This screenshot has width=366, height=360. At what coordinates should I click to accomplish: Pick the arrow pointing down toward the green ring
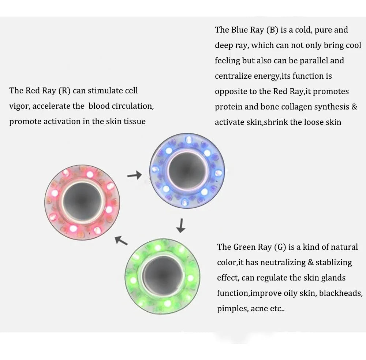180,226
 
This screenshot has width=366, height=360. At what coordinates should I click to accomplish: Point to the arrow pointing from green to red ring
121,240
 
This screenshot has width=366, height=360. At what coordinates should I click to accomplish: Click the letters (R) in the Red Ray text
64,90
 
